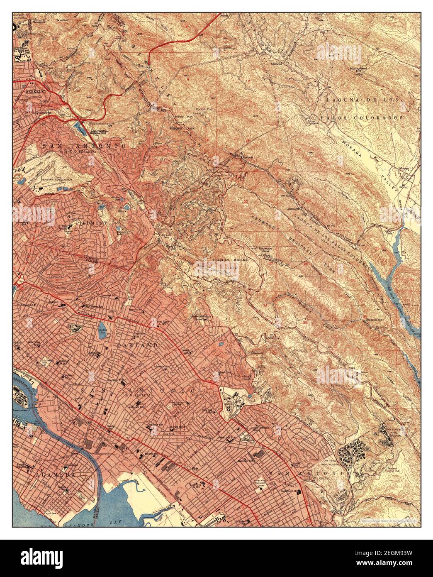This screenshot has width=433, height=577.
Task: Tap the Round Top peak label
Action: pyautogui.click(x=204, y=109)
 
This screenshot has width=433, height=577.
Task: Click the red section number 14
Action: pyautogui.click(x=297, y=150)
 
